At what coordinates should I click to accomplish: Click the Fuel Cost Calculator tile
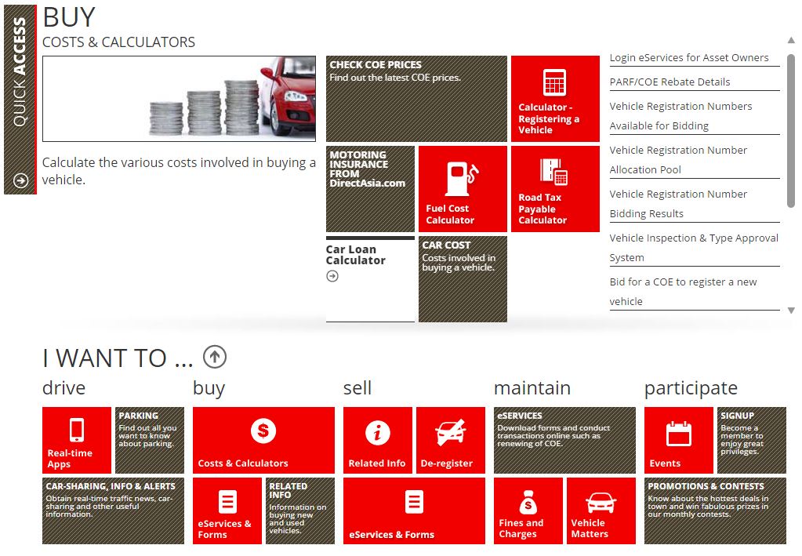click(x=463, y=189)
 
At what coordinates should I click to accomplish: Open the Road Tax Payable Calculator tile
click(x=555, y=189)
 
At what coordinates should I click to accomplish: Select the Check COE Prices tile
click(x=416, y=99)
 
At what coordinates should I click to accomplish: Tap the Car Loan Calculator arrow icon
click(x=332, y=276)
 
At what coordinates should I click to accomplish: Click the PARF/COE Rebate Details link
click(x=670, y=82)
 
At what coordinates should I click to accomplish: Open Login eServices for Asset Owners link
click(x=689, y=58)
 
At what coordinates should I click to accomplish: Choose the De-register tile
click(x=451, y=440)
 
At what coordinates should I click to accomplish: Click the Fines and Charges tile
click(x=528, y=511)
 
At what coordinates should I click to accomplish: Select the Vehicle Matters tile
click(x=601, y=511)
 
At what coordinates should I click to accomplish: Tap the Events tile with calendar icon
click(x=679, y=440)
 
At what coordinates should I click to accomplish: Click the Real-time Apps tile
click(x=77, y=440)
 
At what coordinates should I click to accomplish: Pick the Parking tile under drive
click(x=150, y=440)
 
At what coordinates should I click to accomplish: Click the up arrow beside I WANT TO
click(x=215, y=357)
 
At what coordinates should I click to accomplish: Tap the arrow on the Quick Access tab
click(x=20, y=180)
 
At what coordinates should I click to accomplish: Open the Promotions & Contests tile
click(x=715, y=511)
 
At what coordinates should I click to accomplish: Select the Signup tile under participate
click(x=752, y=440)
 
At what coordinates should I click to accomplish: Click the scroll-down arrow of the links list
click(x=791, y=311)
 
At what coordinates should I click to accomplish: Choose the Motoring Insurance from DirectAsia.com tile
click(x=370, y=189)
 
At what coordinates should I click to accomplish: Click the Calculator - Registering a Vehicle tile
click(x=555, y=99)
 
